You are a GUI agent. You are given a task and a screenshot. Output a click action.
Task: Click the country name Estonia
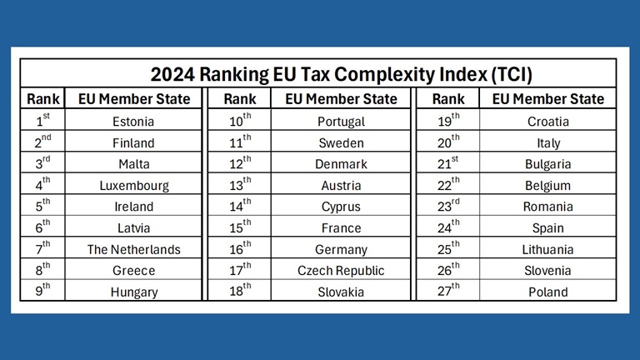click(133, 122)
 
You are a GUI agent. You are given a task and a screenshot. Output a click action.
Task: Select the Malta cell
click(133, 164)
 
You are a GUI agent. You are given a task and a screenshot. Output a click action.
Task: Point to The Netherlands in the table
click(133, 249)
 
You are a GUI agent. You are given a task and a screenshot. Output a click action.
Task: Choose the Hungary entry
click(133, 292)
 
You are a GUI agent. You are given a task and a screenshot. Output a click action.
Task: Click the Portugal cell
click(341, 122)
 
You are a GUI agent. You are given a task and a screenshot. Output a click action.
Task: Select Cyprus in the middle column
click(341, 206)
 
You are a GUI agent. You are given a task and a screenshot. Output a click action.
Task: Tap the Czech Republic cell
click(341, 270)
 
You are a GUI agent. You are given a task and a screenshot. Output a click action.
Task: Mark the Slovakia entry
click(341, 292)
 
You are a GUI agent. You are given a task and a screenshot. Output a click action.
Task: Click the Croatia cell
click(548, 122)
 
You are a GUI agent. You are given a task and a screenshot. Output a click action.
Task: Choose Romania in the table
click(548, 206)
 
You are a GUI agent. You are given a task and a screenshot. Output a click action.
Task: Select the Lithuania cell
click(548, 249)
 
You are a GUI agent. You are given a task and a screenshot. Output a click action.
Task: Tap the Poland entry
click(548, 292)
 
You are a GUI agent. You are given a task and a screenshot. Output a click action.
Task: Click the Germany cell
click(341, 249)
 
